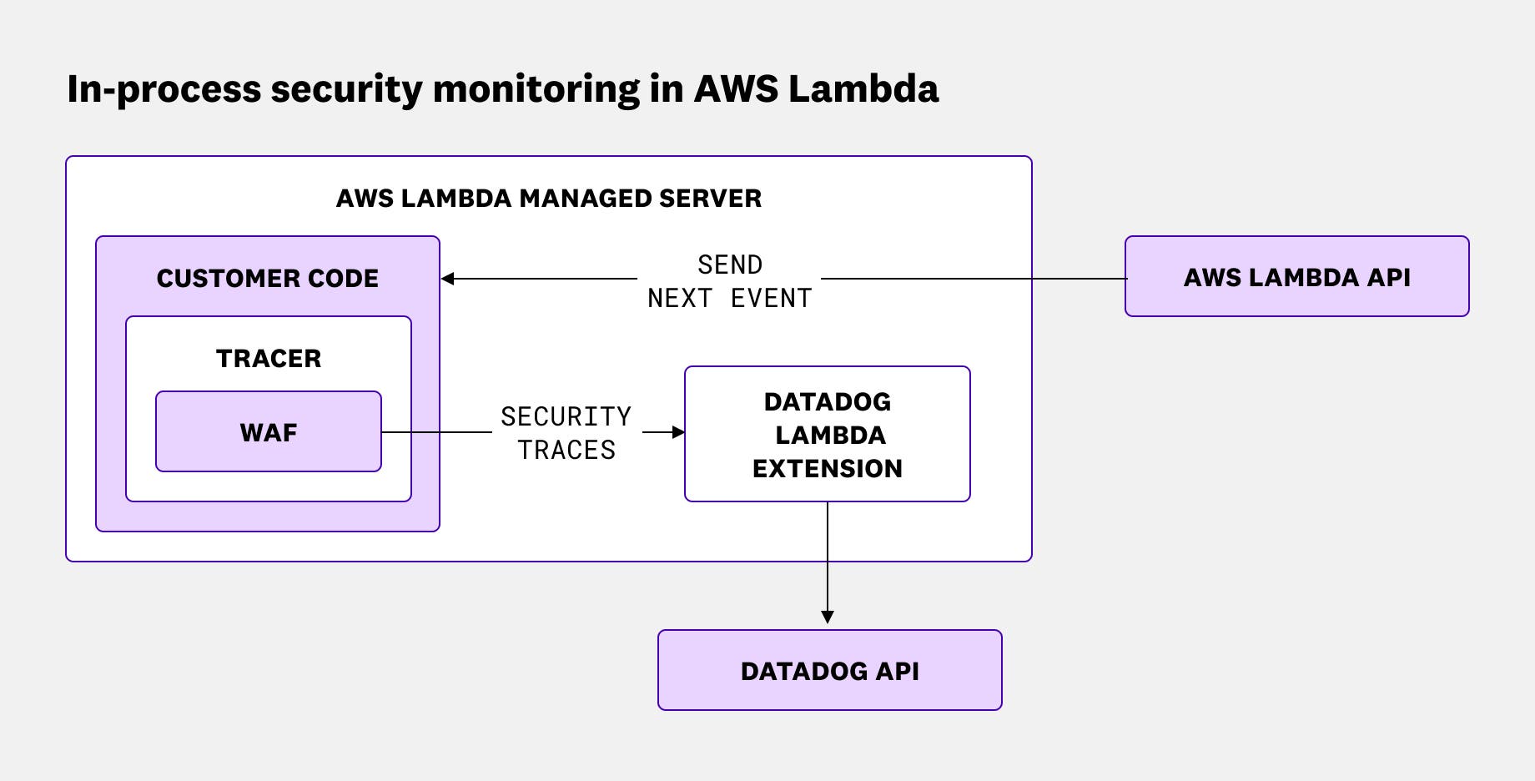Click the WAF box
[x=268, y=432]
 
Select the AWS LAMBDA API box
[x=1296, y=277]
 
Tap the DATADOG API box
[x=829, y=671]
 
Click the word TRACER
[x=268, y=358]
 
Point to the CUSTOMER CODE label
[x=267, y=278]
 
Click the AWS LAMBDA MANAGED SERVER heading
[x=548, y=198]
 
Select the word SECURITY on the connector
[x=566, y=416]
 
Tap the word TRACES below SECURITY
[x=566, y=450]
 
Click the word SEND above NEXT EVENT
[x=729, y=265]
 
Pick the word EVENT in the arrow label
[x=770, y=298]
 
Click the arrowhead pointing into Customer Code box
[x=448, y=279]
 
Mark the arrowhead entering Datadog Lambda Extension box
[x=678, y=432]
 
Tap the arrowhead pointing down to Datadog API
[x=827, y=617]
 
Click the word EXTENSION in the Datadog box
[x=827, y=468]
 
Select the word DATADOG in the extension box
[x=827, y=401]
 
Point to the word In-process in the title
[x=164, y=90]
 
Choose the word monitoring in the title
[x=536, y=90]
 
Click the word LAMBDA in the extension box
[x=829, y=435]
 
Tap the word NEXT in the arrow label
[x=679, y=298]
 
